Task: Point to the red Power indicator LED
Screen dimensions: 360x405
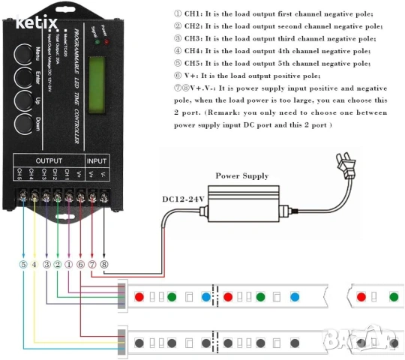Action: pos(106,41)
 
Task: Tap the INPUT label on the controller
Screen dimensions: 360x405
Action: pos(97,161)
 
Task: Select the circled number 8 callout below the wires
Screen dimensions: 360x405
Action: pos(103,263)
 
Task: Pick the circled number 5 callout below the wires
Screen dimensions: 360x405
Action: pos(22,263)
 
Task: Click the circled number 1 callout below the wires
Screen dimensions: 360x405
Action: pos(68,263)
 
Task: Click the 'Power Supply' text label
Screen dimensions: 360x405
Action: pos(242,176)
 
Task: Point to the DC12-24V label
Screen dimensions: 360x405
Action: pos(184,199)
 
